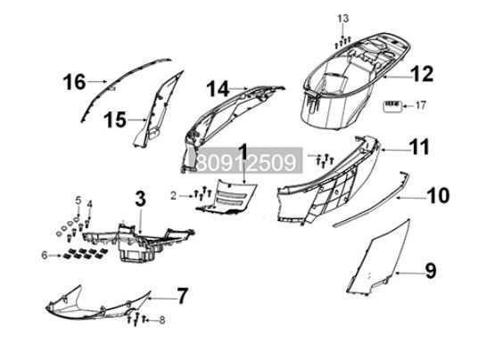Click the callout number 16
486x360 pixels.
click(x=74, y=82)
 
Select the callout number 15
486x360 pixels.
click(x=115, y=120)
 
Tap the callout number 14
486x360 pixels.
click(x=218, y=89)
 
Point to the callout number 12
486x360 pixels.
click(x=422, y=74)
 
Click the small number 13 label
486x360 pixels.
click(x=342, y=19)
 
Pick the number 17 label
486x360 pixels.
click(x=421, y=106)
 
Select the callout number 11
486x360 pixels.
click(x=419, y=147)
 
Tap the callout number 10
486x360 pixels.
click(x=438, y=196)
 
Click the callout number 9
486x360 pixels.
click(x=431, y=271)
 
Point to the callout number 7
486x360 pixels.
click(x=182, y=296)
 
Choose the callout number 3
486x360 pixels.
click(x=140, y=199)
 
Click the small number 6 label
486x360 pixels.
click(x=45, y=256)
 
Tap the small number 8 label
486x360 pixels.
click(x=162, y=320)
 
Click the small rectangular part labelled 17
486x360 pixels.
click(x=393, y=107)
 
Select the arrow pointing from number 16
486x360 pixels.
click(x=96, y=81)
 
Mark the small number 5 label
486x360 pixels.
click(x=78, y=200)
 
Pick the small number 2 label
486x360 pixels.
click(x=173, y=196)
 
